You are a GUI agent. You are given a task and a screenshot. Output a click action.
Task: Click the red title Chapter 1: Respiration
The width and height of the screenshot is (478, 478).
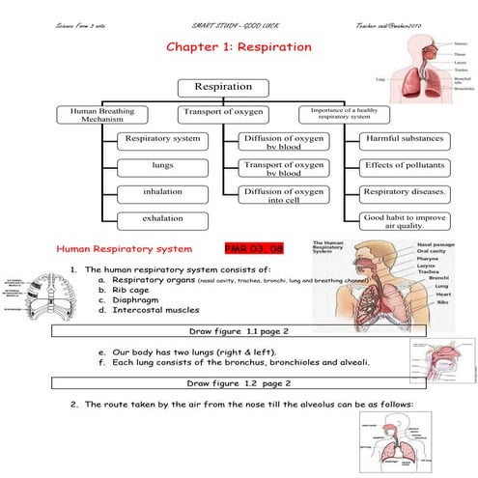click(x=239, y=46)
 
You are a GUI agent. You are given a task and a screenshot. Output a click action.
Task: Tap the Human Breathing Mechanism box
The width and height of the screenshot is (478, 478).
click(x=97, y=115)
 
